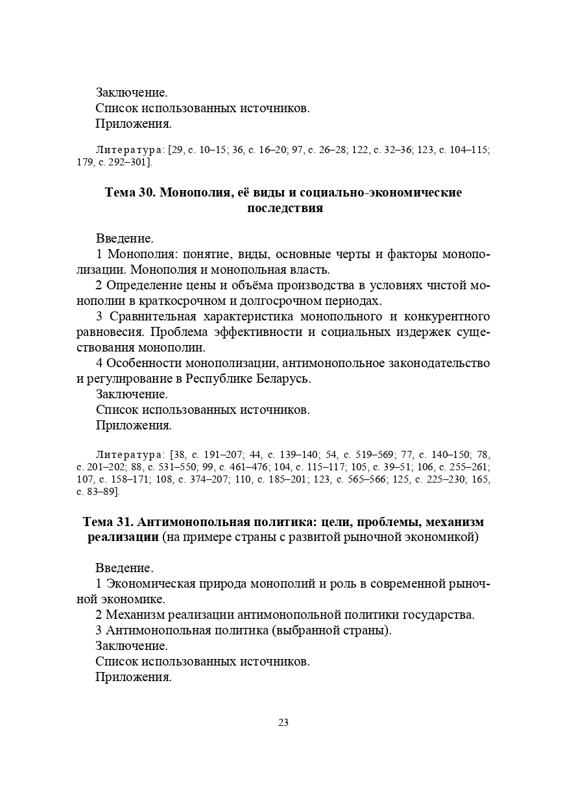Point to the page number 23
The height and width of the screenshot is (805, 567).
283,723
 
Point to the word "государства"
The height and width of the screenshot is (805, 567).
439,615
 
